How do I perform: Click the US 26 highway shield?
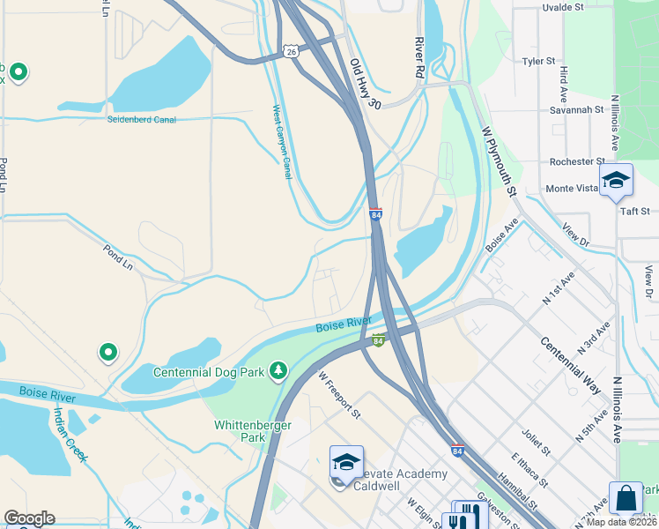(x=292, y=52)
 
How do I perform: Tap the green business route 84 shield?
(x=378, y=341)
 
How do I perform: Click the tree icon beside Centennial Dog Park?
(x=279, y=370)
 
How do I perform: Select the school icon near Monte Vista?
(x=616, y=182)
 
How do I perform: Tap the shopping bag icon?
(x=626, y=498)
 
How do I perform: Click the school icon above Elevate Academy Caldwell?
(x=346, y=463)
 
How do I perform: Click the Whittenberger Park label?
(x=240, y=431)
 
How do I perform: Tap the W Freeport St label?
(x=339, y=395)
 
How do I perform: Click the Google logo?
(x=29, y=518)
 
